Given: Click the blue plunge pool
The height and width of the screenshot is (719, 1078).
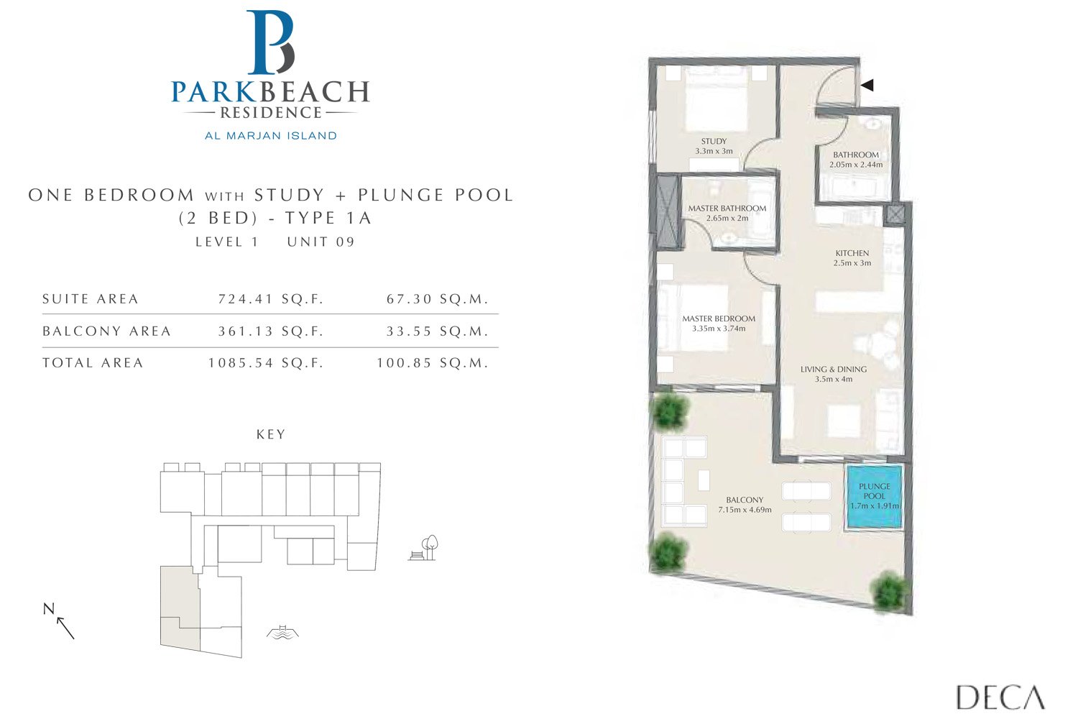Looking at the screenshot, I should [x=874, y=497].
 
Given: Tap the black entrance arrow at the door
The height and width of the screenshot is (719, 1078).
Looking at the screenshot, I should [x=867, y=85].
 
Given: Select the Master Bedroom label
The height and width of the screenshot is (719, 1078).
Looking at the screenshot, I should [x=719, y=319].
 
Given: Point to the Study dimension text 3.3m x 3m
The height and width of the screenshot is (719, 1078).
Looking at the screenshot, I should [x=714, y=152].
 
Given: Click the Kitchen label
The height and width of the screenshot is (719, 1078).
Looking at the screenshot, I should [x=852, y=253].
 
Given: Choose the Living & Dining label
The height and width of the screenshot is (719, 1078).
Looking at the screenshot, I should [x=834, y=370].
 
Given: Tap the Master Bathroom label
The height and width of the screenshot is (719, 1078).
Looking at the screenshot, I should [x=727, y=209].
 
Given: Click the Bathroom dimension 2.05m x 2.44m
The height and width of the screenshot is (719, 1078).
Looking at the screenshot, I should [x=856, y=165].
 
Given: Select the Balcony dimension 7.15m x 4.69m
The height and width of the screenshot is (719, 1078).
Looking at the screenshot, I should [x=745, y=510].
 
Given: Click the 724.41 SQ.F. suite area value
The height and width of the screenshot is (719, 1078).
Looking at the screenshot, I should [x=271, y=299].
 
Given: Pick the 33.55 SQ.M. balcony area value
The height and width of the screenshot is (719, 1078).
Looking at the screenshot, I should [x=437, y=331].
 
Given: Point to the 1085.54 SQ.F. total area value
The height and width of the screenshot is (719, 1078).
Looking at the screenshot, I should [x=266, y=363].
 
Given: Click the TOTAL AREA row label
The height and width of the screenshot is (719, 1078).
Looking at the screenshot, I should [x=93, y=363].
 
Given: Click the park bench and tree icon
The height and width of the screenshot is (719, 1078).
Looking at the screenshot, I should [x=424, y=548].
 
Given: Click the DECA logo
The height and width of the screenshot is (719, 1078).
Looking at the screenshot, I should [x=1000, y=697].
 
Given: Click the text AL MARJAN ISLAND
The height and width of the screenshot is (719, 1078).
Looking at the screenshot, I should [x=271, y=135].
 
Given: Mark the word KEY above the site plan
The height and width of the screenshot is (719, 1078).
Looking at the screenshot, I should [x=271, y=434].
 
